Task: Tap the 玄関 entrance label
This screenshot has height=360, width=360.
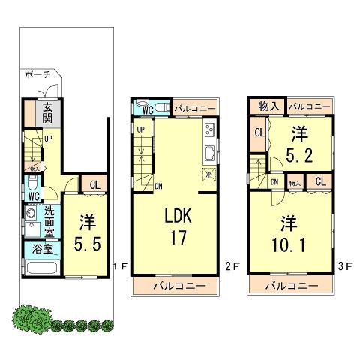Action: pos(46,112)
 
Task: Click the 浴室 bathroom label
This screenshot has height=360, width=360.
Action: pos(34,248)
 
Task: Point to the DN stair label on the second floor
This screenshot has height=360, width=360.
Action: pos(158,187)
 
